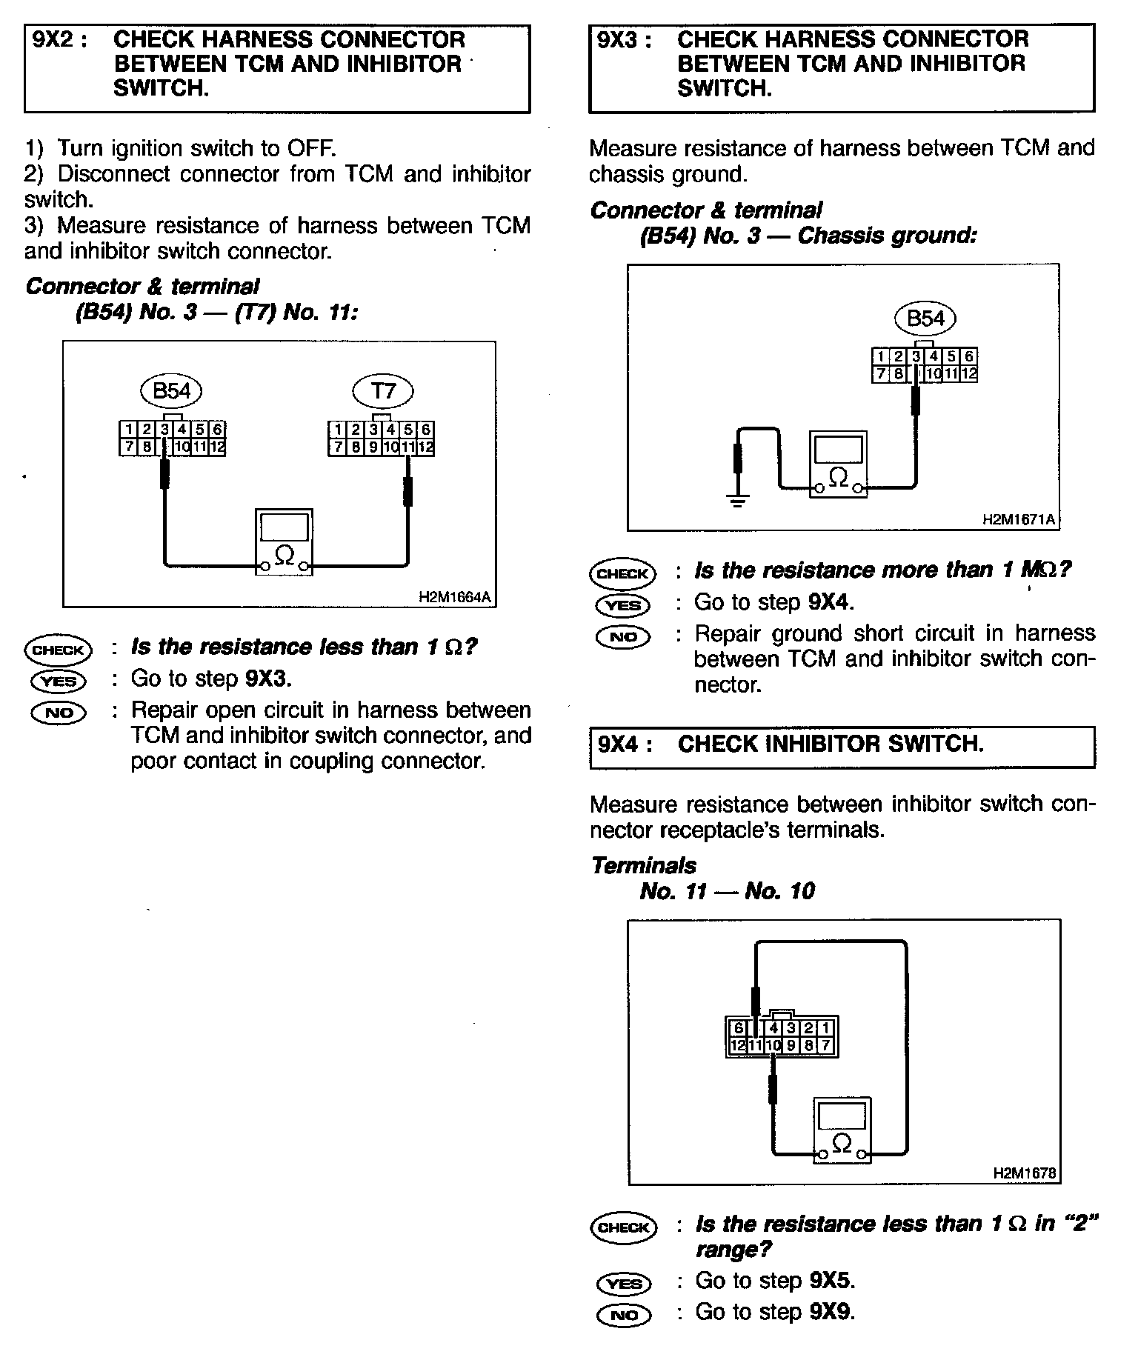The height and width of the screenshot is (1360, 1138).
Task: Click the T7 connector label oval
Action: coord(382,390)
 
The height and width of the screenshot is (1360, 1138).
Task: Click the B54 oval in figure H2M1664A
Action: coord(171,390)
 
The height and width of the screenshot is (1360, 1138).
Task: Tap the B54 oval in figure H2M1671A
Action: coord(925,319)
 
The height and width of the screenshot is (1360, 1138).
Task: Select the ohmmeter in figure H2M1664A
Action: coord(284,541)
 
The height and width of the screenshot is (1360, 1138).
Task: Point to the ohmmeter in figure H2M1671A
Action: coord(838,464)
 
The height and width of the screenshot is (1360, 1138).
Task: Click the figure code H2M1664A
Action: coord(455,597)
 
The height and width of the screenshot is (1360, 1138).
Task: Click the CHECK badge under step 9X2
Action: coord(59,650)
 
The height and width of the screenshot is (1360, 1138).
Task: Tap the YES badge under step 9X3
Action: coord(623,605)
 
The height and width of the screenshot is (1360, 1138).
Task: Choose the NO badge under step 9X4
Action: coord(624,1315)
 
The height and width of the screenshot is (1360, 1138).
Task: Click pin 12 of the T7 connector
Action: coord(426,447)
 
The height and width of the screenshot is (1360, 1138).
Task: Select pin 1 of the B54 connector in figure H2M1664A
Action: coord(129,430)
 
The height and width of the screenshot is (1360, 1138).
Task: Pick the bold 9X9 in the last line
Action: coord(831,1312)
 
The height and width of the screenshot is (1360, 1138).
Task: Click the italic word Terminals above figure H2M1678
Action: coord(644,865)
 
